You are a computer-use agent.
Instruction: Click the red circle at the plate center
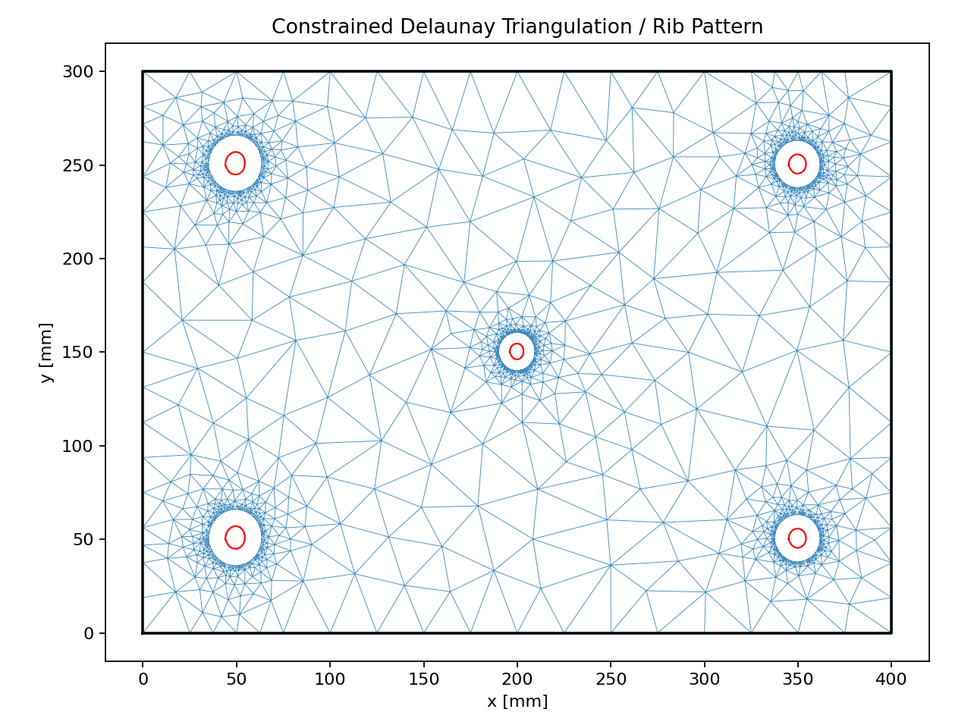517,351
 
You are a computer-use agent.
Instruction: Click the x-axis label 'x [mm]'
517,701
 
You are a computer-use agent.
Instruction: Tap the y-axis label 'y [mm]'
46,353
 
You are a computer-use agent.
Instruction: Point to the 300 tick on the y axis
77,72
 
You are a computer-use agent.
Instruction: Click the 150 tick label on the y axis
77,353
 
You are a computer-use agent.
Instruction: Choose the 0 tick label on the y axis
89,633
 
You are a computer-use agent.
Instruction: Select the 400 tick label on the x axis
891,680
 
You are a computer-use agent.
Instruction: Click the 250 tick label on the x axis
611,680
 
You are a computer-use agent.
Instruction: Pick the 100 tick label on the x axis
330,680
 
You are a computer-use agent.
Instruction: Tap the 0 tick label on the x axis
143,680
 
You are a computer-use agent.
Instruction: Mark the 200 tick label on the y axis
77,259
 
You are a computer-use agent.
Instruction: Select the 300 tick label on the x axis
704,680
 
